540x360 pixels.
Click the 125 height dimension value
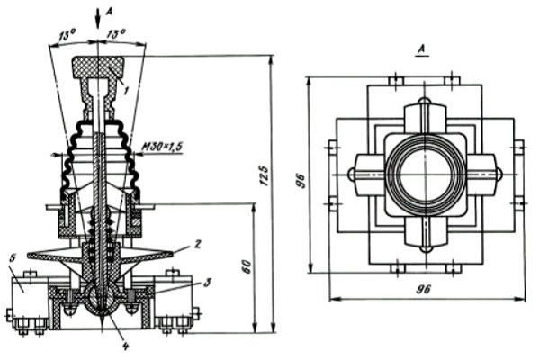pos(264,175)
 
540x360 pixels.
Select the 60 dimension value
pos(247,266)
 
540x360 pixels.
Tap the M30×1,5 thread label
pos(162,147)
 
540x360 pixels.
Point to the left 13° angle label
pos(67,35)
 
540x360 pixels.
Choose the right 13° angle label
pos(116,34)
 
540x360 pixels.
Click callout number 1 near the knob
pos(125,91)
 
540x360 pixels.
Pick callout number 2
pos(197,244)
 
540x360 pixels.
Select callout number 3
pos(207,283)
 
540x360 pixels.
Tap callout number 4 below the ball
pos(125,346)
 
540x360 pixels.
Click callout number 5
pos(13,257)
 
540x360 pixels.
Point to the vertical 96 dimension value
pos(301,181)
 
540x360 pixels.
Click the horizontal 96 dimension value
pos(423,289)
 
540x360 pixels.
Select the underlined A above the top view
pos(423,50)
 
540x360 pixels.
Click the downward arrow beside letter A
pos(98,19)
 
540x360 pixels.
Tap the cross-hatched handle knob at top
pos(97,67)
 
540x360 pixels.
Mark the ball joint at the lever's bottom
pos(102,299)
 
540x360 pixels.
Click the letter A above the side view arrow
pos(109,12)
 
